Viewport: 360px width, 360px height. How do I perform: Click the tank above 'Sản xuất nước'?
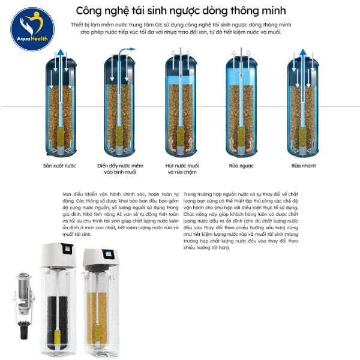pos(59,105)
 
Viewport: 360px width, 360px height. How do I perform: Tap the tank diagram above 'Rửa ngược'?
pos(241,105)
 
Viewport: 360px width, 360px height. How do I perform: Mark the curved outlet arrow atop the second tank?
pos(125,55)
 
